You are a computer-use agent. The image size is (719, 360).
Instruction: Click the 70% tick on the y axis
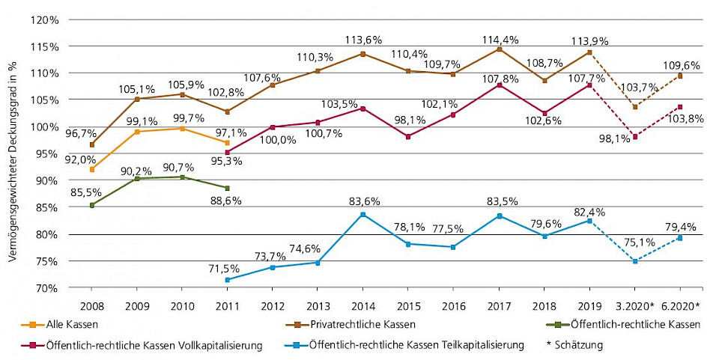[45, 288]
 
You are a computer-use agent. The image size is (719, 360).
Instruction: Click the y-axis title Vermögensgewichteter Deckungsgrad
[13, 161]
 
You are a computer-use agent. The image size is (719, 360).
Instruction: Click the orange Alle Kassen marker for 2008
[92, 169]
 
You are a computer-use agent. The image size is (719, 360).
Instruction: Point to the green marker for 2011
[227, 188]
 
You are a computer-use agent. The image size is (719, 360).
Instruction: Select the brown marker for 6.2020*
[681, 76]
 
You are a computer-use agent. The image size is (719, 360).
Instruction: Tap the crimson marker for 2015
[408, 137]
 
